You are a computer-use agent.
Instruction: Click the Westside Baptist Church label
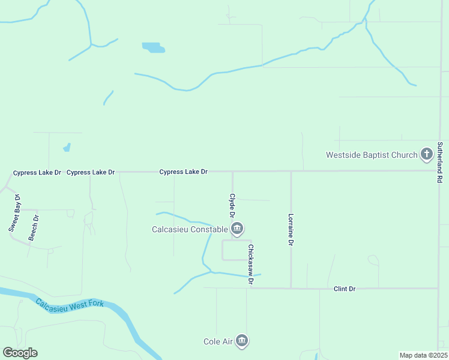(x=371, y=155)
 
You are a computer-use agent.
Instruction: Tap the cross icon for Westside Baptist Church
(x=427, y=154)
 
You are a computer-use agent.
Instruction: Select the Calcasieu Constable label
(x=190, y=229)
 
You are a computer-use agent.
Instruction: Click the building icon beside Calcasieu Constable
(x=237, y=229)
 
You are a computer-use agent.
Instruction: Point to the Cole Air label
(x=218, y=341)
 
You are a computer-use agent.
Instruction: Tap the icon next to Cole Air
(x=242, y=341)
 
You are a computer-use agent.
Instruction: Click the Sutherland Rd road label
(x=440, y=162)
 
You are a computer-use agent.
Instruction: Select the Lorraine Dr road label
(x=291, y=230)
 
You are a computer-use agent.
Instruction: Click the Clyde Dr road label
(x=232, y=205)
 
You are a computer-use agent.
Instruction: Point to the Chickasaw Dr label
(x=251, y=264)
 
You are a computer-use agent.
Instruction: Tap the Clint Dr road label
(x=345, y=289)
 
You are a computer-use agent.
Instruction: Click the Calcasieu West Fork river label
(x=70, y=303)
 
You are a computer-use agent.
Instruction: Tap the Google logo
(x=20, y=353)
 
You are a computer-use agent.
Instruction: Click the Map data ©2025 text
(x=423, y=355)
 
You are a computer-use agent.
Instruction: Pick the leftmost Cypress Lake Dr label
(x=37, y=173)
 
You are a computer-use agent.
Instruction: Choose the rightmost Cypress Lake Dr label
(x=183, y=172)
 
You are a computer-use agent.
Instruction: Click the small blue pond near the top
(x=153, y=47)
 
